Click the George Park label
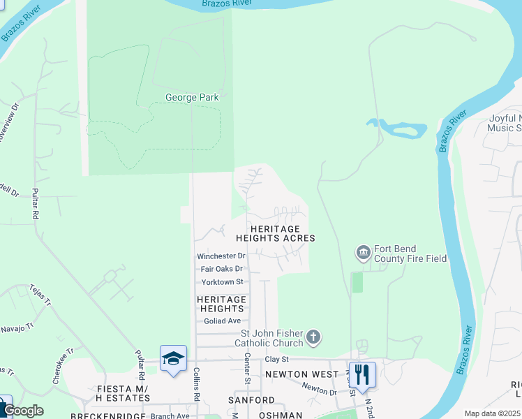pyautogui.click(x=192, y=98)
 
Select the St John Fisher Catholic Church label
pyautogui.click(x=272, y=338)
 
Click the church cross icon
pyautogui.click(x=313, y=338)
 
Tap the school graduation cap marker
pyautogui.click(x=173, y=359)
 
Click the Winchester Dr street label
pyautogui.click(x=221, y=256)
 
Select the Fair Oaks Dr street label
pyautogui.click(x=221, y=269)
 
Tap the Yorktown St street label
pyautogui.click(x=221, y=282)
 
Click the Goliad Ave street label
pyautogui.click(x=221, y=321)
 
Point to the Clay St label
pyautogui.click(x=276, y=359)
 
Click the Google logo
pyautogui.click(x=24, y=411)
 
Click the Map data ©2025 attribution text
pyautogui.click(x=492, y=413)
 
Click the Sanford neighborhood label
pyautogui.click(x=251, y=400)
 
